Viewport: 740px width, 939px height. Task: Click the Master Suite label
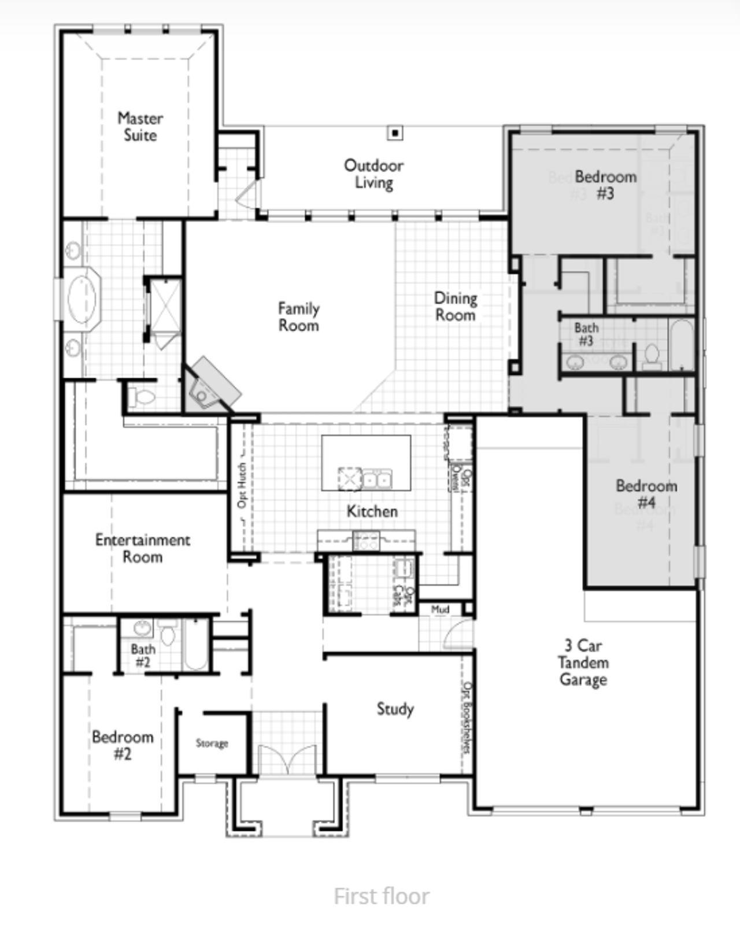pyautogui.click(x=140, y=127)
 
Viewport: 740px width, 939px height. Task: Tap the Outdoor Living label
pyautogui.click(x=373, y=174)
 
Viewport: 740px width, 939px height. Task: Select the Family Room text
pyautogui.click(x=298, y=316)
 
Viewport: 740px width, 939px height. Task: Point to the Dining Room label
pyautogui.click(x=456, y=307)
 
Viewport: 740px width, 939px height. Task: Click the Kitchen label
pyautogui.click(x=372, y=511)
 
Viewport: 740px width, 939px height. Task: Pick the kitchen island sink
pyautogui.click(x=376, y=479)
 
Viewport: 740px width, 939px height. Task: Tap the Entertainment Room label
pyautogui.click(x=142, y=548)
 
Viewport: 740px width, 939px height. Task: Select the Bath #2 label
pyautogui.click(x=143, y=656)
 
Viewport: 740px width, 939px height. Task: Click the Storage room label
pyautogui.click(x=212, y=743)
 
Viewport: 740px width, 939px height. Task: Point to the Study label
pyautogui.click(x=395, y=709)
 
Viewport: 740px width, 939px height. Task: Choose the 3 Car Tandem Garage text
pyautogui.click(x=583, y=662)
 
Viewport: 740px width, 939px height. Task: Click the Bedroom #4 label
pyautogui.click(x=646, y=494)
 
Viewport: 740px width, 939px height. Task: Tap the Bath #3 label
pyautogui.click(x=586, y=334)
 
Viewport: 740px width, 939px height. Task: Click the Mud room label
pyautogui.click(x=440, y=609)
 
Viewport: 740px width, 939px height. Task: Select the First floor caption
pyautogui.click(x=382, y=896)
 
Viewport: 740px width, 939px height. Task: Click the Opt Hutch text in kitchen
pyautogui.click(x=242, y=485)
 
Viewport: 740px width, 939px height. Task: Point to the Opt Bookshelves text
pyautogui.click(x=467, y=717)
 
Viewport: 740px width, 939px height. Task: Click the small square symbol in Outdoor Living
pyautogui.click(x=395, y=134)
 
